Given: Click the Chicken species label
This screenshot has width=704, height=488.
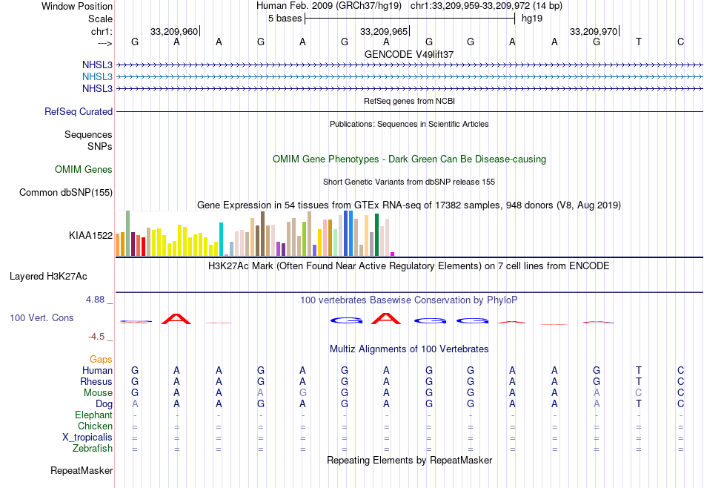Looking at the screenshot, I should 95,426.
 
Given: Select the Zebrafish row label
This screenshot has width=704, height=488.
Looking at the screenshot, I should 93,449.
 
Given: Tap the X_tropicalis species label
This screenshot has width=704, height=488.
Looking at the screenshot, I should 87,438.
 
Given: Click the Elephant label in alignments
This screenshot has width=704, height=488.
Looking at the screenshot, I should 93,415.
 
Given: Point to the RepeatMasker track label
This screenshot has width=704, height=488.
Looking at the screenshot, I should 82,471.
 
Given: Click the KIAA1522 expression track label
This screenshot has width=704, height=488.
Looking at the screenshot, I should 90,236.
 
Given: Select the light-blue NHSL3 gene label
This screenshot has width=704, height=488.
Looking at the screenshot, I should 98,76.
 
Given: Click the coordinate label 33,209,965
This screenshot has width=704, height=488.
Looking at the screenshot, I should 384,32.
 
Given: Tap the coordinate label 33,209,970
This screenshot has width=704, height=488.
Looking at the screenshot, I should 594,32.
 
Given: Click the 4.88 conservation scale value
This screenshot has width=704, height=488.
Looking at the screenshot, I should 96,300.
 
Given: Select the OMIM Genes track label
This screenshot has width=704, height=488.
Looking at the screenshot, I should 84,170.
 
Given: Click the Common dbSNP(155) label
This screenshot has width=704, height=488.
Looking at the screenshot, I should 66,193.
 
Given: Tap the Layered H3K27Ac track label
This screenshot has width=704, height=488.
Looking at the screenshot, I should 48,277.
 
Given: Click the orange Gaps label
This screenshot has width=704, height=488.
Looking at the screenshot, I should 101,360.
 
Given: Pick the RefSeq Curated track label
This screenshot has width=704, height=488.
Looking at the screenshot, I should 79,112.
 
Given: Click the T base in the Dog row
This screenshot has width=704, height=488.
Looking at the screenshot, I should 639,404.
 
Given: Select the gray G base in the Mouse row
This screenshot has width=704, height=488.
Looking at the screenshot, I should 302,393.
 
